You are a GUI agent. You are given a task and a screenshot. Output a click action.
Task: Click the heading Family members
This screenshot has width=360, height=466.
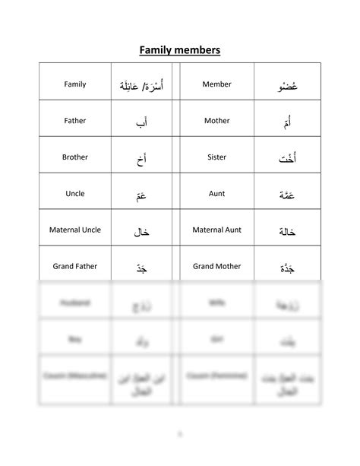tap(180, 51)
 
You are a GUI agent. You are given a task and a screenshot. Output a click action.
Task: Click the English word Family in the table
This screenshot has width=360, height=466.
tap(75, 84)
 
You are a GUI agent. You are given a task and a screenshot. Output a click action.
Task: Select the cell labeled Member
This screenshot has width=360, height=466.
tap(216, 84)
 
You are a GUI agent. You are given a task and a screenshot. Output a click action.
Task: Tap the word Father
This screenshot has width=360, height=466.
tap(75, 121)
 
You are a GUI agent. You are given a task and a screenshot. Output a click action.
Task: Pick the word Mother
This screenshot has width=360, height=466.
tap(216, 121)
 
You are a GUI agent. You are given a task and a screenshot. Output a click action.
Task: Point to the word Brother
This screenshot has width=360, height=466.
tap(75, 157)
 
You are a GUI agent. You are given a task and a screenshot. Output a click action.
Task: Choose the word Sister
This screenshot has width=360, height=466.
tap(216, 157)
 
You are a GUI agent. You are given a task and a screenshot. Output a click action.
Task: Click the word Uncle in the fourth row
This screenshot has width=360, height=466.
tap(75, 194)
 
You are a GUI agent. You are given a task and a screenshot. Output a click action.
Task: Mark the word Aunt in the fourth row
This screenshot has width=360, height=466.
tap(216, 194)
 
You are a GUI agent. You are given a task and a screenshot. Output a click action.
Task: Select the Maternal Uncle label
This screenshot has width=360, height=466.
tap(75, 230)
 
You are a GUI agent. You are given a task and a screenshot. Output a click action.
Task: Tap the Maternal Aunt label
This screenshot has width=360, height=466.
tap(216, 230)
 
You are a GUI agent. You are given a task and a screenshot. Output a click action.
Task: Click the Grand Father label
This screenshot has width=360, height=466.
tap(75, 266)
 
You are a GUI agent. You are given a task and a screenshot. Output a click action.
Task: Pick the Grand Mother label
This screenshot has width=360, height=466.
tap(216, 266)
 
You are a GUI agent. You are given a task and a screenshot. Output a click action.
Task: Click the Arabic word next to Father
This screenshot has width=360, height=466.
tap(142, 122)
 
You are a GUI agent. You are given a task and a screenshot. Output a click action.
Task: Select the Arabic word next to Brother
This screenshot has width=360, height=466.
tap(142, 159)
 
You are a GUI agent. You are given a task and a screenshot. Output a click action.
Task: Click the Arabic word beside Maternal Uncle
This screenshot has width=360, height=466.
tap(142, 231)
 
